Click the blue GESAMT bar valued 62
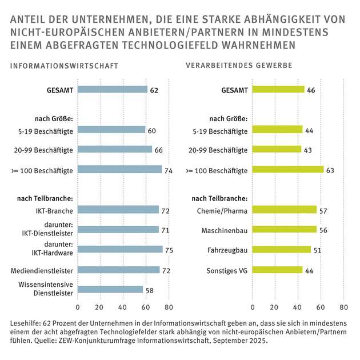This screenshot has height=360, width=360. click(112, 90)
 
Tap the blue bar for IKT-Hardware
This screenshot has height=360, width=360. click(119, 249)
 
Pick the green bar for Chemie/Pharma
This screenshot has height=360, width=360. click(284, 209)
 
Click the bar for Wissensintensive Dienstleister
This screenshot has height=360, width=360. click(110, 289)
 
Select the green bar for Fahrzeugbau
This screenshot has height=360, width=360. click(281, 250)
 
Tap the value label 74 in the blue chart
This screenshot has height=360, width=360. click(169, 170)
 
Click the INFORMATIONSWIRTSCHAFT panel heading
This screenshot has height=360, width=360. click(64, 66)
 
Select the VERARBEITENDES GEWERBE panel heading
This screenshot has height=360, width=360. click(239, 66)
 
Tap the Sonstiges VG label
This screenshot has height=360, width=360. click(226, 270)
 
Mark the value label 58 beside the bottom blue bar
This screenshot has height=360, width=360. click(150, 290)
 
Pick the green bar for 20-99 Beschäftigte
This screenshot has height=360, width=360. click(276, 150)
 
